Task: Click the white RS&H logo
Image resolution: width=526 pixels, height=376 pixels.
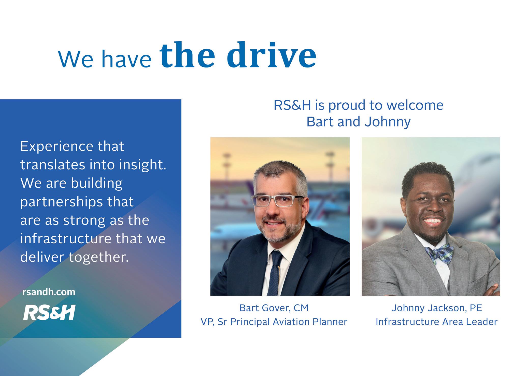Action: (x=49, y=312)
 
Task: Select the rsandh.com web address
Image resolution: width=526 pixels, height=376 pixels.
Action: (x=49, y=292)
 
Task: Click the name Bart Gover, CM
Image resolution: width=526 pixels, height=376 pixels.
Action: (x=274, y=308)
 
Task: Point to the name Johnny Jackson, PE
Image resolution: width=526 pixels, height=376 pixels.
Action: (x=437, y=308)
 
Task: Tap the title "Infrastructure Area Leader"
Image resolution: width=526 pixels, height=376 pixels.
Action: (x=437, y=322)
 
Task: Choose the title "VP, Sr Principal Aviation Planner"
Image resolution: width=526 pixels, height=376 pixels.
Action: (x=274, y=322)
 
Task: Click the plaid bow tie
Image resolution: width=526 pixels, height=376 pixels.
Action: (x=439, y=253)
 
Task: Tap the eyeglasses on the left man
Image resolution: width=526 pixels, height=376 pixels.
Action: (x=277, y=201)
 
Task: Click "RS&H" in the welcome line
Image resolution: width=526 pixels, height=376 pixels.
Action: (x=292, y=105)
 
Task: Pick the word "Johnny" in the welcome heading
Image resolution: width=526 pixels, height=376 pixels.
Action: (x=388, y=122)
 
